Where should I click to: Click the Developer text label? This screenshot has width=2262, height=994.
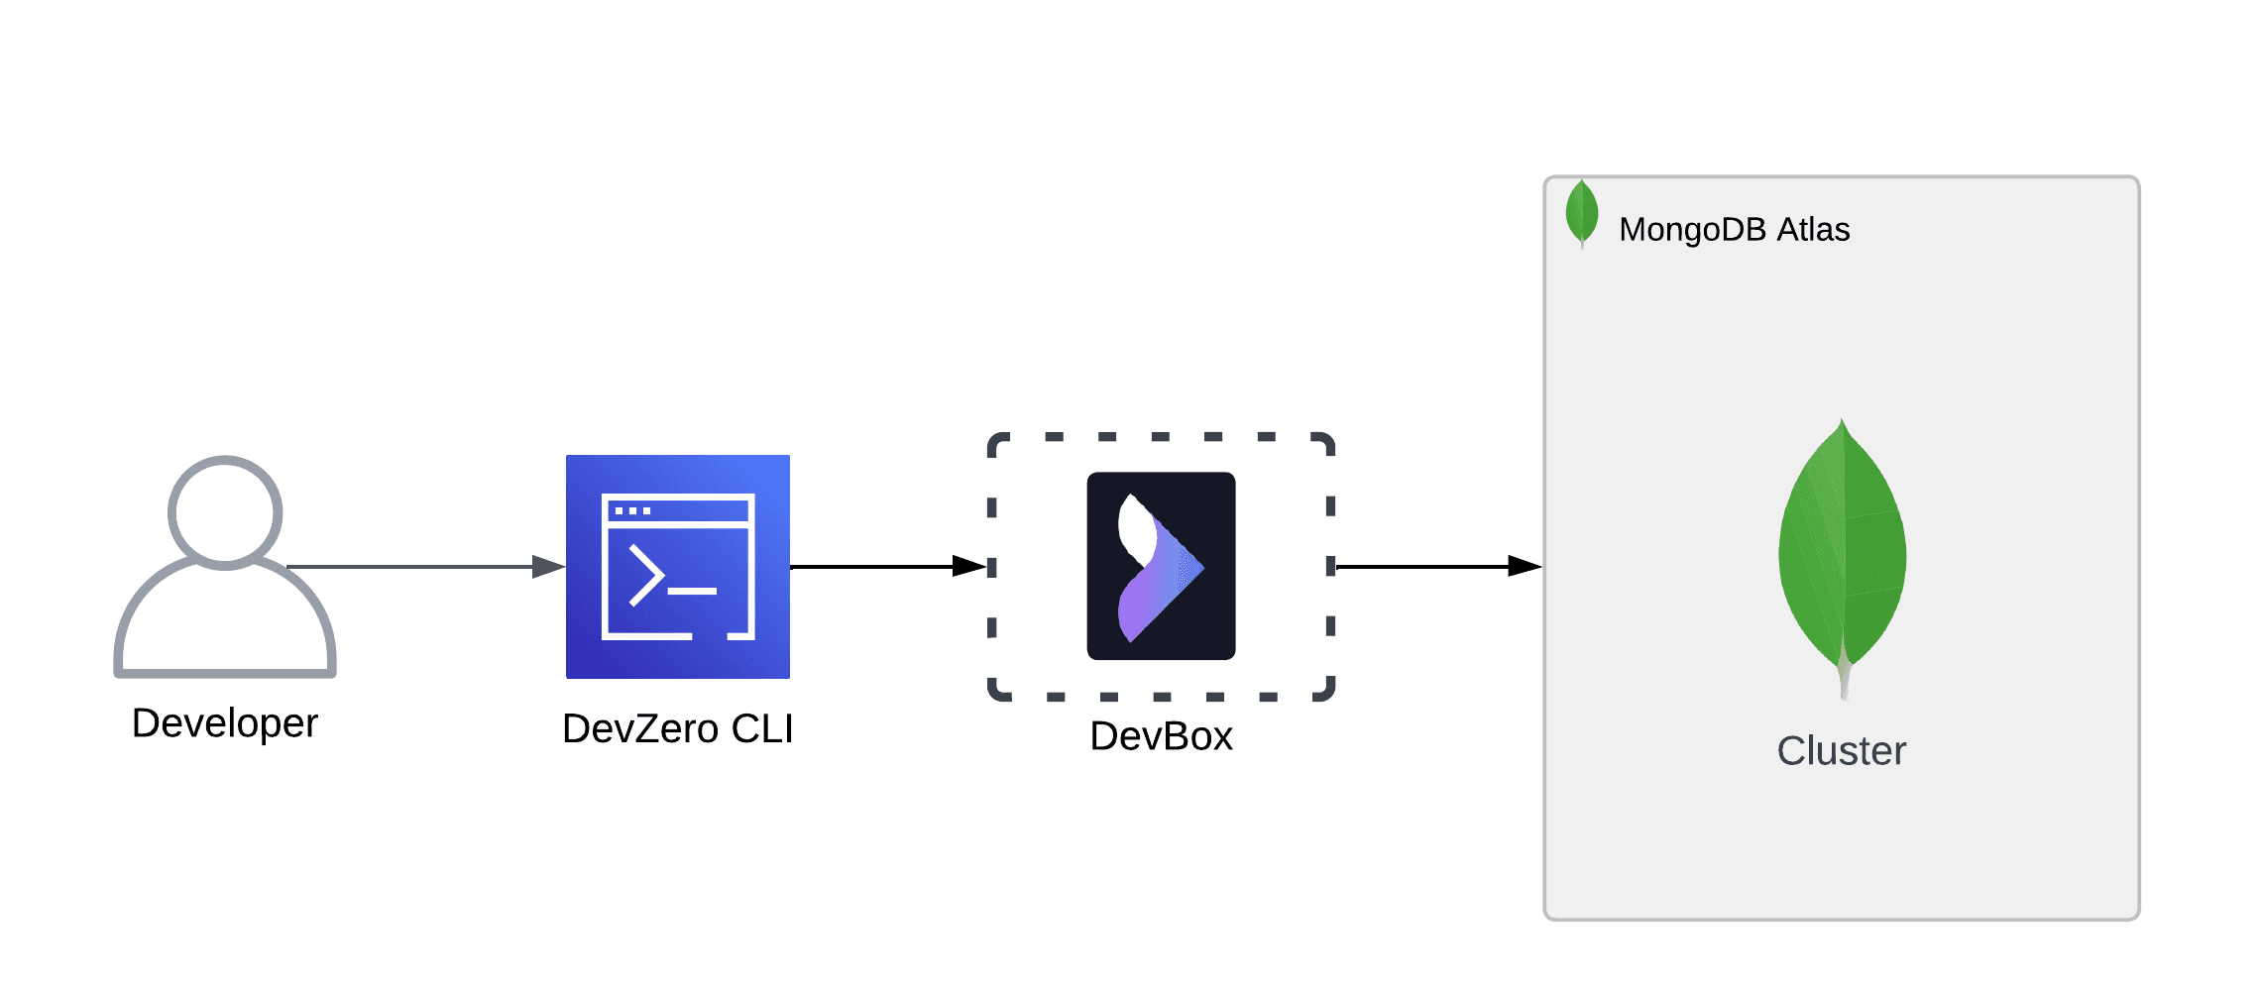pyautogui.click(x=225, y=723)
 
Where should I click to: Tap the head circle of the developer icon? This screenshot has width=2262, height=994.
pyautogui.click(x=225, y=512)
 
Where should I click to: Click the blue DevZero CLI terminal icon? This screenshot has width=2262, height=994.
pyautogui.click(x=678, y=567)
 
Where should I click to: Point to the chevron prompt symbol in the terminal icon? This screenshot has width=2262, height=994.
pyautogui.click(x=646, y=575)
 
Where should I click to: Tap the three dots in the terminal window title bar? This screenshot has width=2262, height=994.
pyautogui.click(x=632, y=511)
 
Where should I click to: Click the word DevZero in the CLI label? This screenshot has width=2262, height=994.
pyautogui.click(x=640, y=729)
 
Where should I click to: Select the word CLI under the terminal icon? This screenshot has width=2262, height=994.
pyautogui.click(x=761, y=729)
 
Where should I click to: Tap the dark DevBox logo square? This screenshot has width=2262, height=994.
pyautogui.click(x=1161, y=566)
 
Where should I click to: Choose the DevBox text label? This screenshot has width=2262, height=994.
pyautogui.click(x=1161, y=736)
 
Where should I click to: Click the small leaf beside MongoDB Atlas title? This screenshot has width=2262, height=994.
pyautogui.click(x=1582, y=212)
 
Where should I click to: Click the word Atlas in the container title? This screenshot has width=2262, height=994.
pyautogui.click(x=1813, y=230)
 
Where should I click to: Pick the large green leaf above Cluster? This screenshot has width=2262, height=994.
pyautogui.click(x=1842, y=555)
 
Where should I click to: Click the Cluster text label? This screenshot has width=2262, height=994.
pyautogui.click(x=1841, y=751)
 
